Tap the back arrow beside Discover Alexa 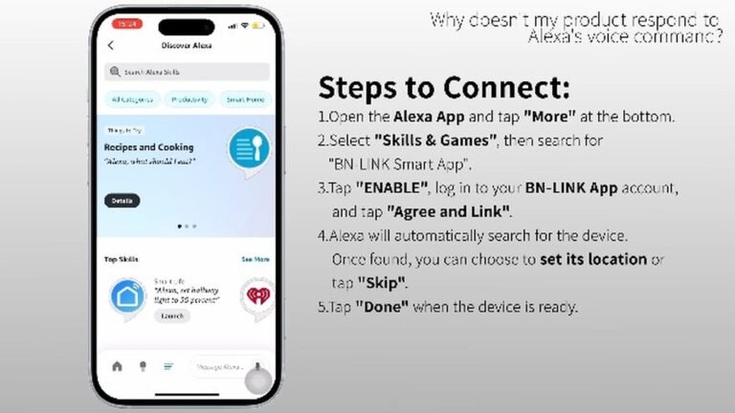pyautogui.click(x=111, y=45)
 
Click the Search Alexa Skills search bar pyautogui.click(x=188, y=72)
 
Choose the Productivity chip pyautogui.click(x=189, y=98)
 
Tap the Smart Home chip pyautogui.click(x=245, y=98)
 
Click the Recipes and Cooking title pyautogui.click(x=148, y=147)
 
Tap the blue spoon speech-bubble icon pyautogui.click(x=249, y=150)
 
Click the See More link pyautogui.click(x=255, y=259)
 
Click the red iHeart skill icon pyautogui.click(x=256, y=297)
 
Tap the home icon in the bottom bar pyautogui.click(x=118, y=366)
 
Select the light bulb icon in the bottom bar pyautogui.click(x=143, y=366)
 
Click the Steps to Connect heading pyautogui.click(x=443, y=88)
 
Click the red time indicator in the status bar pyautogui.click(x=126, y=23)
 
